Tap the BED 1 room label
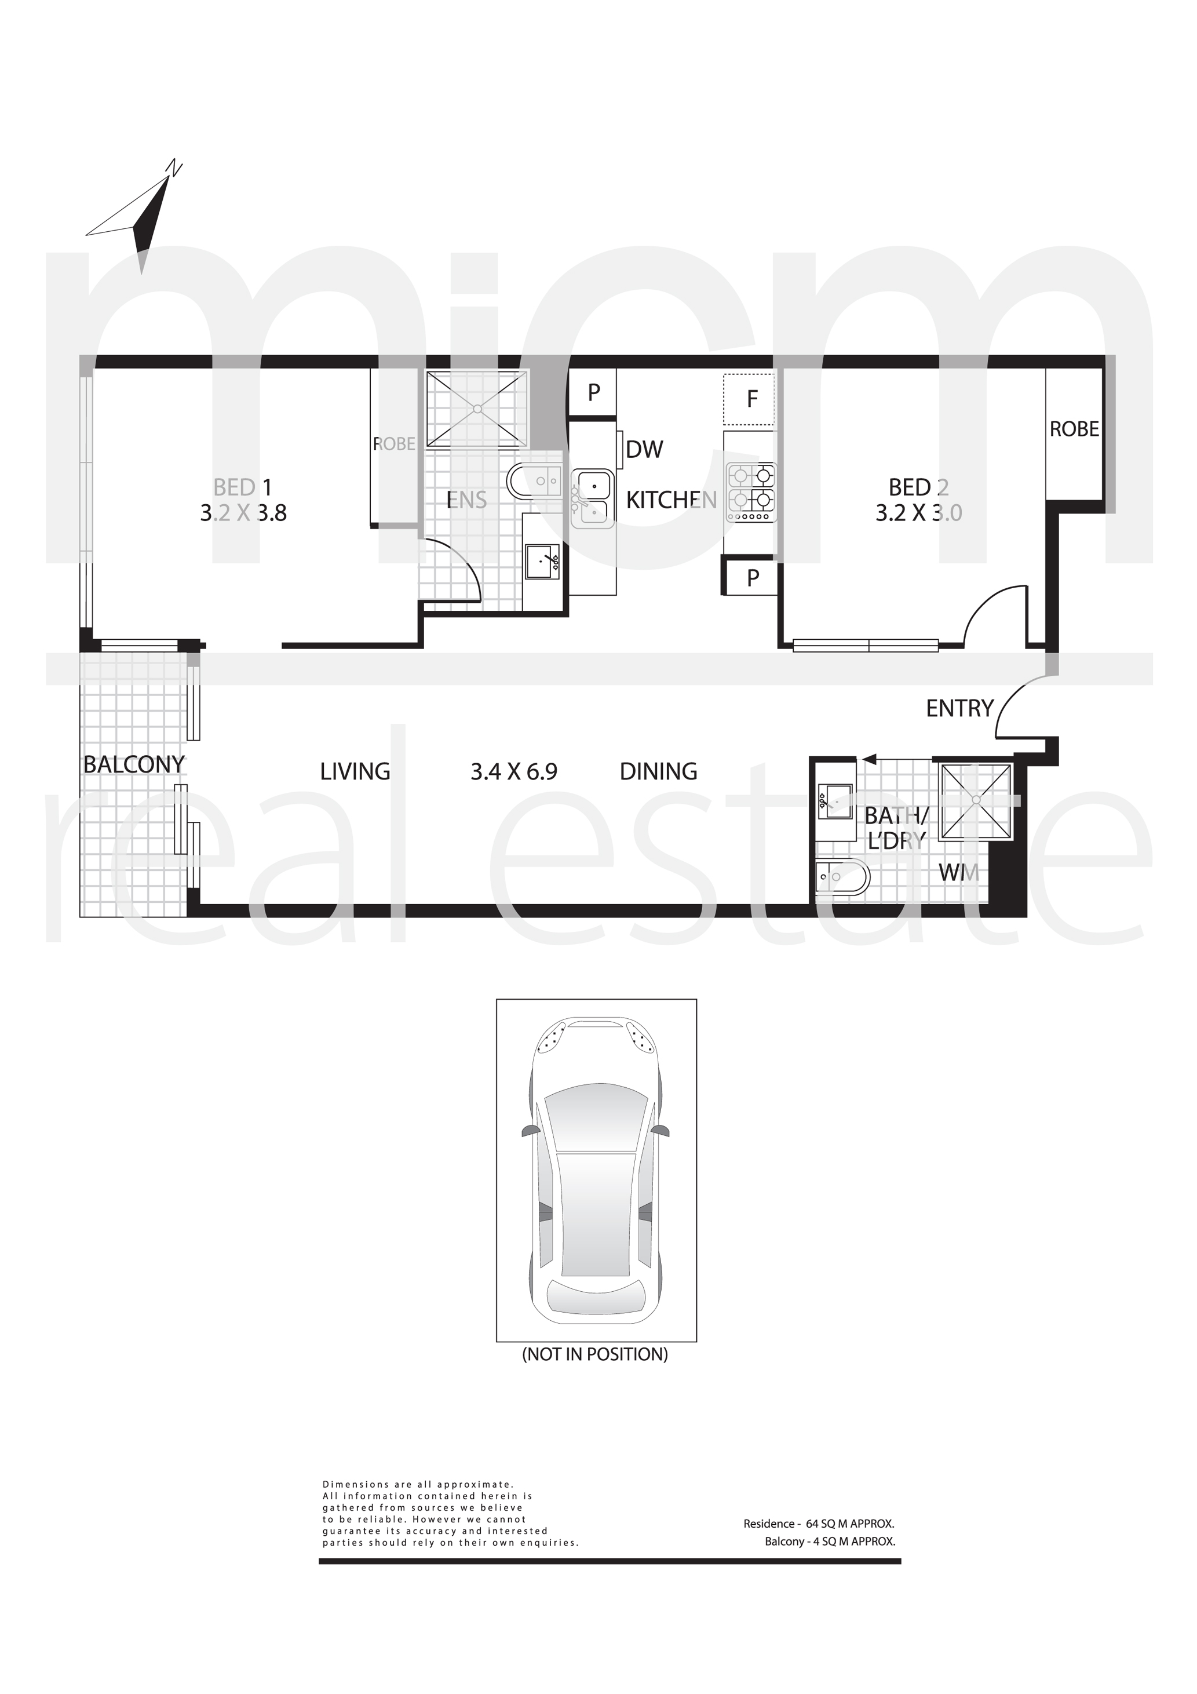coord(243,487)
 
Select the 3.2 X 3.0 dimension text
coord(919,513)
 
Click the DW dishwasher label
coord(645,449)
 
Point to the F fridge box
coord(749,399)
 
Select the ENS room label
coord(467,500)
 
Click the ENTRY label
coord(959,708)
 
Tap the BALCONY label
coord(134,764)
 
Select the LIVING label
coord(355,772)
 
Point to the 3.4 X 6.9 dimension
coord(514,772)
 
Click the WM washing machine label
coord(959,873)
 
